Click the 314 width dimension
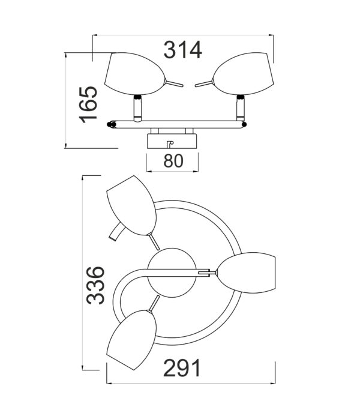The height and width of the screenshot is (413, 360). coord(182,49)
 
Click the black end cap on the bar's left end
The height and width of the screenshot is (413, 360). coord(110,125)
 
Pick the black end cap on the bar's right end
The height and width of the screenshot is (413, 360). coord(244,125)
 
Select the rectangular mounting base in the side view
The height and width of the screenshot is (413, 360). coord(172,142)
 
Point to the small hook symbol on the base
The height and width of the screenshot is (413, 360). coord(169,143)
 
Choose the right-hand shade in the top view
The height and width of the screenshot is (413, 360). coord(247,274)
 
